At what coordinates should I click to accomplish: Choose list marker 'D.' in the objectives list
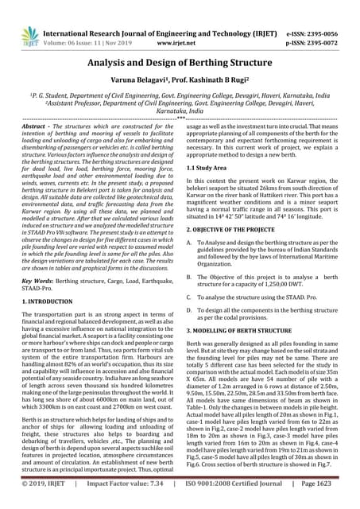188,329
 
